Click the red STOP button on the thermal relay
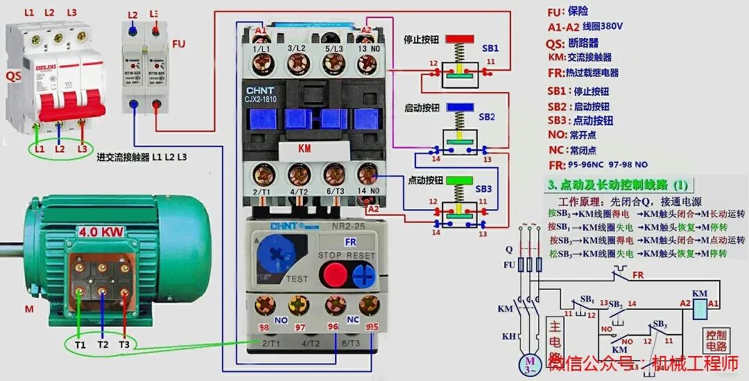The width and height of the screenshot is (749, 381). (336, 275)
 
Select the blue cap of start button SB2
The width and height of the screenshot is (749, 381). (460, 107)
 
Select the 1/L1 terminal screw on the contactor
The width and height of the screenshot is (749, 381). (261, 64)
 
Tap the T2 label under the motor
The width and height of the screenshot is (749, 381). (103, 344)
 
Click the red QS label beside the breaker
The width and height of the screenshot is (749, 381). (13, 76)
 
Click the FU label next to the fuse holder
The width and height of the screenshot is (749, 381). (179, 44)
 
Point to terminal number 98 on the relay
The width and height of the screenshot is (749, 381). (264, 327)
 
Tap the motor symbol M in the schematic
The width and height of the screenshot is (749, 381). (531, 363)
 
